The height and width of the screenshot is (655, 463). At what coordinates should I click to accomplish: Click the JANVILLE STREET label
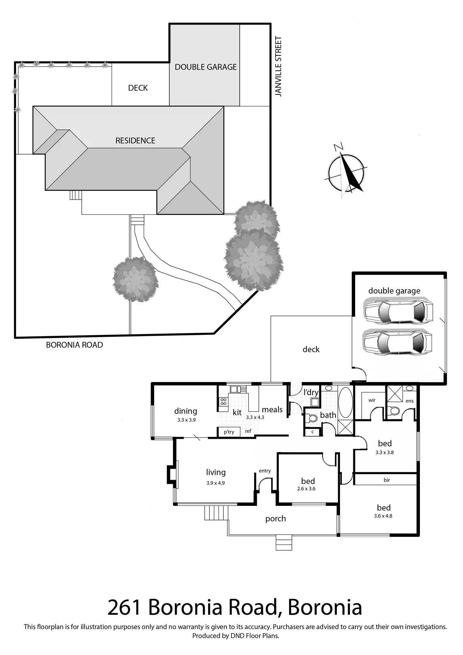pos(278,66)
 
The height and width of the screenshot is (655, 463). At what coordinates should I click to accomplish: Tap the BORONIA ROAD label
pos(75,345)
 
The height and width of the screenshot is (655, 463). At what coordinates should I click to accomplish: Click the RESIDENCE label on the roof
pos(135,141)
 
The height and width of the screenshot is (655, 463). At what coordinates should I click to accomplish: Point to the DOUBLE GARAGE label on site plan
pos(206,67)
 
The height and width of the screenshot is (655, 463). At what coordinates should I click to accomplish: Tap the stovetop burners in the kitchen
pos(223,402)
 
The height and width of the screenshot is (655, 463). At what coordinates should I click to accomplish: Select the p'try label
pos(229,432)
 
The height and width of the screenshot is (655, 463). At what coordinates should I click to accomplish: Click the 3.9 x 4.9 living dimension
pos(215,483)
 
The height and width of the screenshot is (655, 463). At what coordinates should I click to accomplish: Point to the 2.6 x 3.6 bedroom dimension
pos(306,489)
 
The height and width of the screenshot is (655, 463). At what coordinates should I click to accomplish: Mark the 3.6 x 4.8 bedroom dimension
pos(383,516)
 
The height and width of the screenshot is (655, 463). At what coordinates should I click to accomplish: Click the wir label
pos(372,400)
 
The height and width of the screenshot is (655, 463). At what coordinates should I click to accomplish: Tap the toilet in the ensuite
pos(394,411)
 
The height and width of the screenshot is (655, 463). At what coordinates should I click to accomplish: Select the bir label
pos(387,480)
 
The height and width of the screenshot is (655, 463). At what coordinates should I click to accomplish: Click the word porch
pos(276,519)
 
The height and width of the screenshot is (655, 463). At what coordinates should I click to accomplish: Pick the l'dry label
pos(311,392)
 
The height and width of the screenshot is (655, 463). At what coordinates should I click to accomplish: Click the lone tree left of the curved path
pos(135,279)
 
